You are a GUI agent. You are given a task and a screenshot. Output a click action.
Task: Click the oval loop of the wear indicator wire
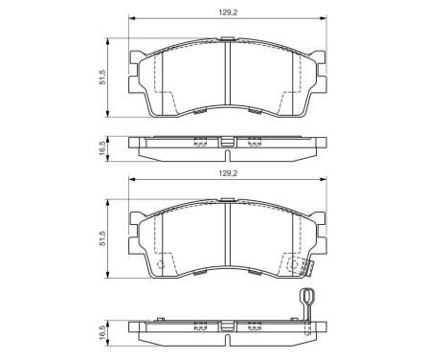click(x=307, y=299)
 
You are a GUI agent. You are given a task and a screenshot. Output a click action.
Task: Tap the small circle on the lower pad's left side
click(x=160, y=265)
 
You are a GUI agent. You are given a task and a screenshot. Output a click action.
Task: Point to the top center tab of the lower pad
click(x=226, y=200)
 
